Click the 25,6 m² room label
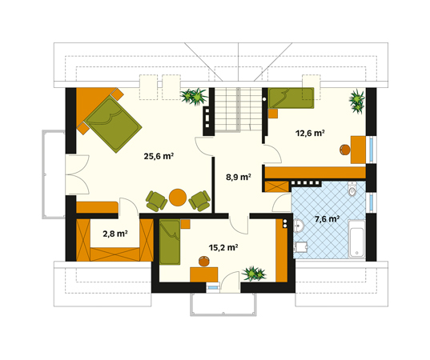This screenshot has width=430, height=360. point(159,156)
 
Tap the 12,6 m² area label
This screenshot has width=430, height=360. point(310,133)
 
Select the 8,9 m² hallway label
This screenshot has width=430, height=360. point(239,177)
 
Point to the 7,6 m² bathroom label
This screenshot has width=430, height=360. point(327,219)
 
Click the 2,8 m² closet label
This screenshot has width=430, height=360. point(115,234)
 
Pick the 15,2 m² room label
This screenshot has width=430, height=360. point(223,247)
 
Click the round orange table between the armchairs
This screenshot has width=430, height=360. point(178,198)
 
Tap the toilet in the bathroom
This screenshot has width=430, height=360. point(352,189)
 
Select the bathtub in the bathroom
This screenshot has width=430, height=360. point(356,238)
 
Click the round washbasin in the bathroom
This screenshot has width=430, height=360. point(299,226)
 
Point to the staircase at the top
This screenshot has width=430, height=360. point(238,110)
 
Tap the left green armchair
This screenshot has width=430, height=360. point(156,201)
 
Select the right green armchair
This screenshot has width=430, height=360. point(199,201)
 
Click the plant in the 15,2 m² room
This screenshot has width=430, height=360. point(254,274)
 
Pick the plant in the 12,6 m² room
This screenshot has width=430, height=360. point(357,102)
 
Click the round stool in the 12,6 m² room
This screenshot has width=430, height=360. point(344,150)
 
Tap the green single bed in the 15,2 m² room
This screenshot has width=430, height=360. point(170,242)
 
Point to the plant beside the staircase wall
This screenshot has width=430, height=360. point(194,97)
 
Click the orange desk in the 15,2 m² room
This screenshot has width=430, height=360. point(203,274)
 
